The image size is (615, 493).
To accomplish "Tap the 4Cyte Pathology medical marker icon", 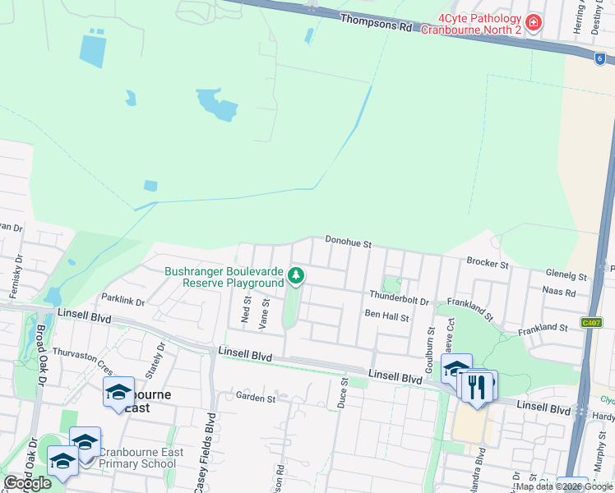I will click(534, 22).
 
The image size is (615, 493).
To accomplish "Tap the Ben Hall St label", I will click(386, 316).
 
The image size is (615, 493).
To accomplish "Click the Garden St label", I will click(255, 398).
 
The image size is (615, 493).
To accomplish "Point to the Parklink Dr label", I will click(123, 302).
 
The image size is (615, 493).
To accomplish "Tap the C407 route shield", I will click(591, 322).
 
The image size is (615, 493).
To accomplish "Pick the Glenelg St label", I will click(566, 277).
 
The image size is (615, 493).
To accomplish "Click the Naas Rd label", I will click(559, 291).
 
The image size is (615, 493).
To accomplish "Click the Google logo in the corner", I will click(27, 483).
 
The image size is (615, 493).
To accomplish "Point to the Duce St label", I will click(344, 399).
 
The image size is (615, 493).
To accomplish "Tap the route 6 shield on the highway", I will click(599, 58).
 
